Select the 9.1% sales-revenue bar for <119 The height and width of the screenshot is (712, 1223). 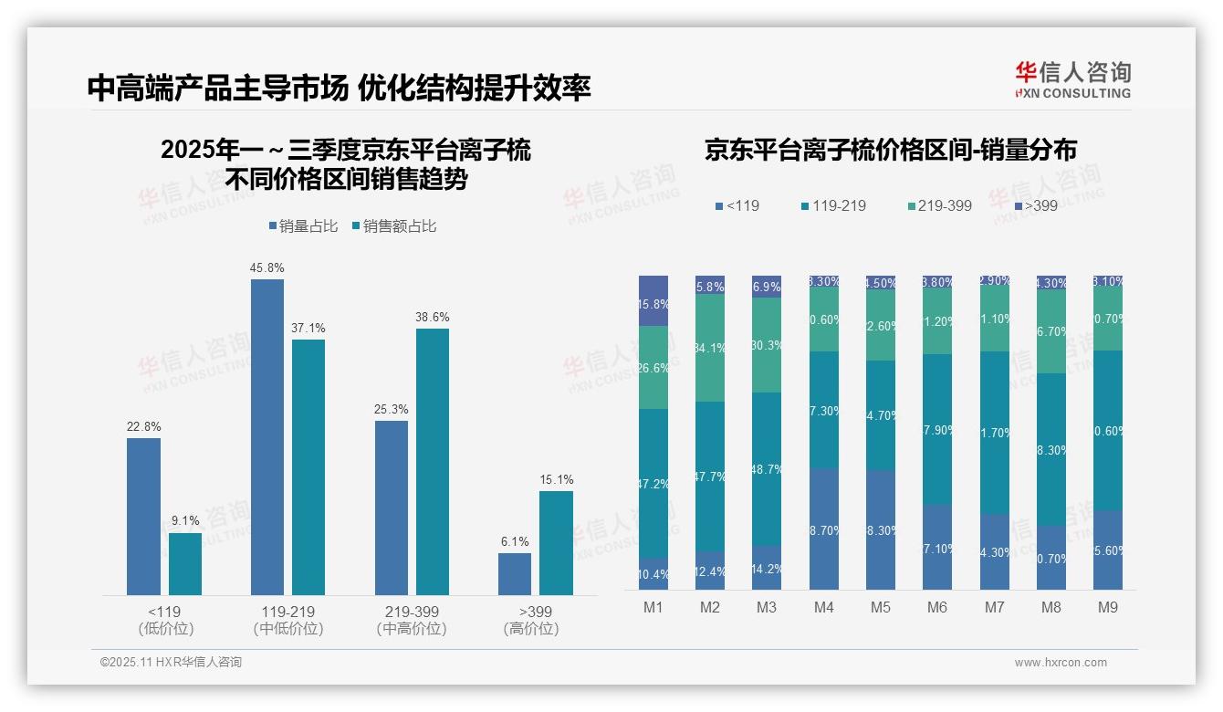click(x=185, y=563)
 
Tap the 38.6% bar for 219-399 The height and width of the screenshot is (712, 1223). click(x=433, y=461)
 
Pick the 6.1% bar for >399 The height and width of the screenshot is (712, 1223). click(x=515, y=573)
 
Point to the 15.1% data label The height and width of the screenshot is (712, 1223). click(x=556, y=480)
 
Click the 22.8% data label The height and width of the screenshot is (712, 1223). click(x=143, y=427)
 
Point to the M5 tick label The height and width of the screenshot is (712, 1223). click(x=880, y=607)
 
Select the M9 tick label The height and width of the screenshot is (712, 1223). click(x=1106, y=607)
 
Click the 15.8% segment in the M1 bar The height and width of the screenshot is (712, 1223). click(x=653, y=301)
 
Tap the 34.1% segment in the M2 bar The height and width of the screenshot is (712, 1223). click(x=710, y=348)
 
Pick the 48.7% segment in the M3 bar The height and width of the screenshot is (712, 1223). click(x=767, y=469)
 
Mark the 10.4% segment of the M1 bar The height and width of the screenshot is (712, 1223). click(x=653, y=574)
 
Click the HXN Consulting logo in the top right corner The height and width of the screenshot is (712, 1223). click(x=1072, y=79)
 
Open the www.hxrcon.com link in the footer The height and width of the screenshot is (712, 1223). click(x=1061, y=663)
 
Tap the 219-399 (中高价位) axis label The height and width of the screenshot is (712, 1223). click(x=412, y=620)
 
